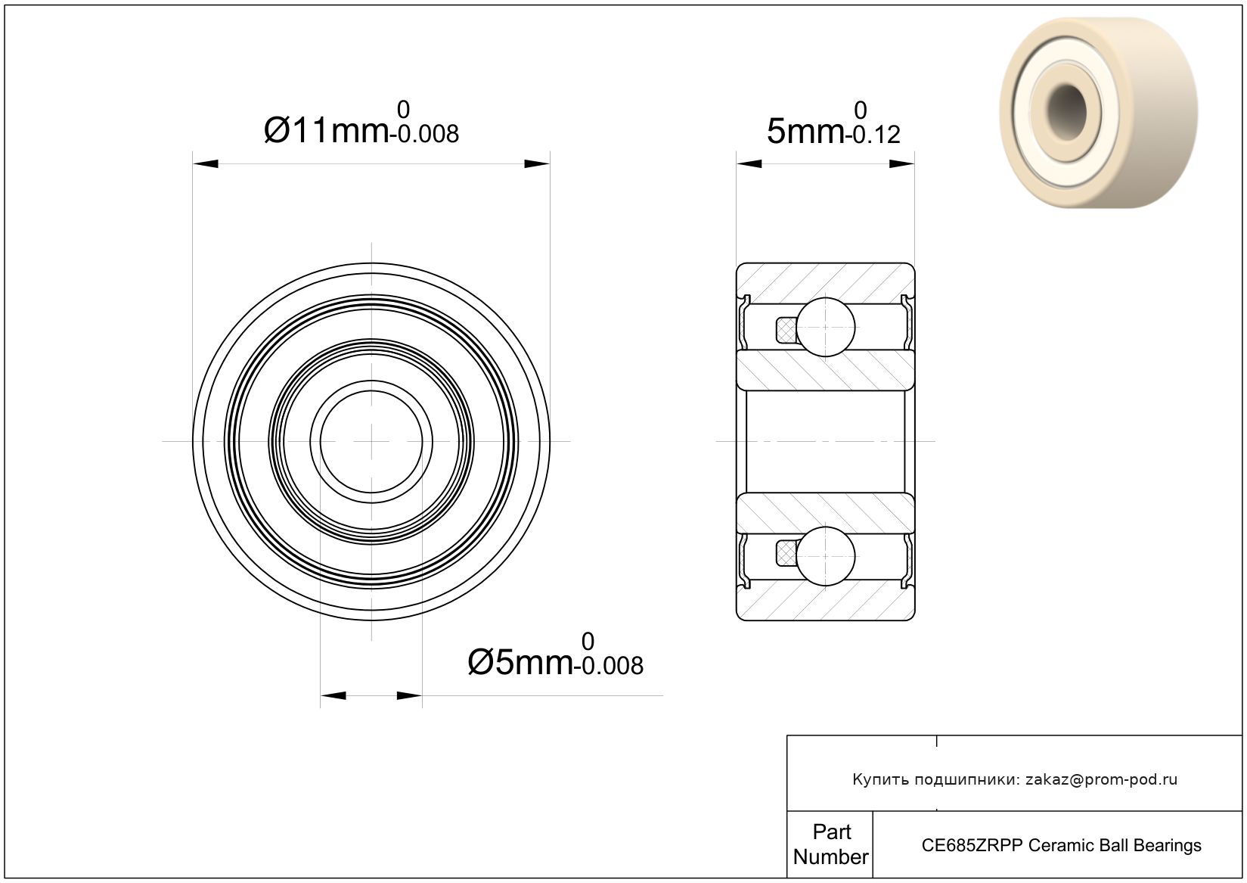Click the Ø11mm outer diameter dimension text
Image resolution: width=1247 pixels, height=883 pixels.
[x=326, y=130]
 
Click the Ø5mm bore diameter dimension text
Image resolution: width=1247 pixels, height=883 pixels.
[x=520, y=662]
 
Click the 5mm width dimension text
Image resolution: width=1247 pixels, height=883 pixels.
[x=805, y=132]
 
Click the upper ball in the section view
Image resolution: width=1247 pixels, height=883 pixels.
[x=826, y=327]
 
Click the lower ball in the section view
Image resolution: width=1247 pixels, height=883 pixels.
[x=826, y=557]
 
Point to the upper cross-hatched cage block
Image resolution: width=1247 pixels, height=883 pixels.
[x=786, y=330]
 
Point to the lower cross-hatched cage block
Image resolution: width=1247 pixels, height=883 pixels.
[x=786, y=554]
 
